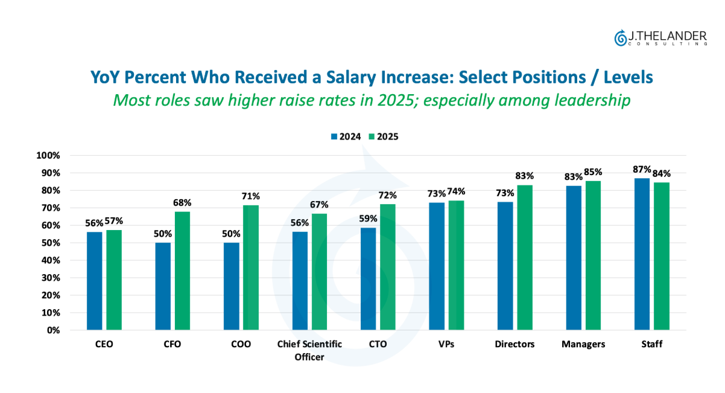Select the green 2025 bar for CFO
tap(182, 270)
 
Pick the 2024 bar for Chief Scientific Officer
tap(300, 281)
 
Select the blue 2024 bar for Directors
tap(505, 266)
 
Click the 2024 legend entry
tap(346, 136)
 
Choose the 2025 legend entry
tap(384, 136)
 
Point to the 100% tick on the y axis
tap(49, 156)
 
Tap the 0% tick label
tap(54, 331)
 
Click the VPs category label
tap(446, 345)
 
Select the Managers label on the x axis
tap(583, 345)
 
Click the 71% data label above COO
tap(251, 196)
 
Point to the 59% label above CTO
tap(369, 219)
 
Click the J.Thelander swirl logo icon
tap(620, 37)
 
